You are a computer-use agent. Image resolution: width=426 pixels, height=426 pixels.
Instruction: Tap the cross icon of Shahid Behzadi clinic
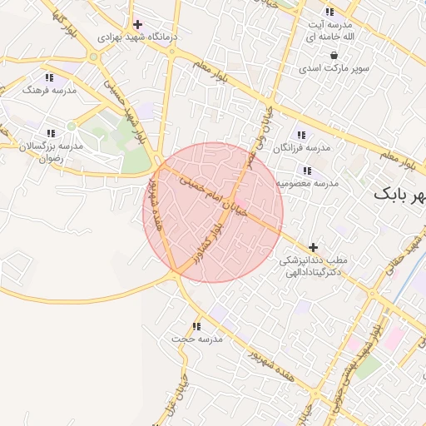137,24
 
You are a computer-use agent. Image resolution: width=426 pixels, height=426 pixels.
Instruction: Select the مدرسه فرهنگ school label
49,88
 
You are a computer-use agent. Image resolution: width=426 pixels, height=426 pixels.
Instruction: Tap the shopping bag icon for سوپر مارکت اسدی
333,55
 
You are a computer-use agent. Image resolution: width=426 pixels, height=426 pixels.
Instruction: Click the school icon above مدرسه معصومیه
307,170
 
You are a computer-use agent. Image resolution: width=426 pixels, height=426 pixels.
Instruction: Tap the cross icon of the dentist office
313,247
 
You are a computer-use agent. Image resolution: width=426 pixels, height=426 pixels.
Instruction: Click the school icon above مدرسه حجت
196,326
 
